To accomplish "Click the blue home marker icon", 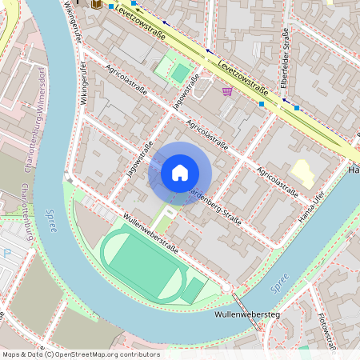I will click(x=179, y=173).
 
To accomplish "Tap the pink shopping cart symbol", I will click(x=227, y=91).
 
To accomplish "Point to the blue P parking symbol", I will click(x=7, y=254).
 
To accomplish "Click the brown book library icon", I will click(x=97, y=4).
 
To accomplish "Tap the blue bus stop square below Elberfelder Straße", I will click(x=296, y=106).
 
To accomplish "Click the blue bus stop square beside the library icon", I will click(x=111, y=6).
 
